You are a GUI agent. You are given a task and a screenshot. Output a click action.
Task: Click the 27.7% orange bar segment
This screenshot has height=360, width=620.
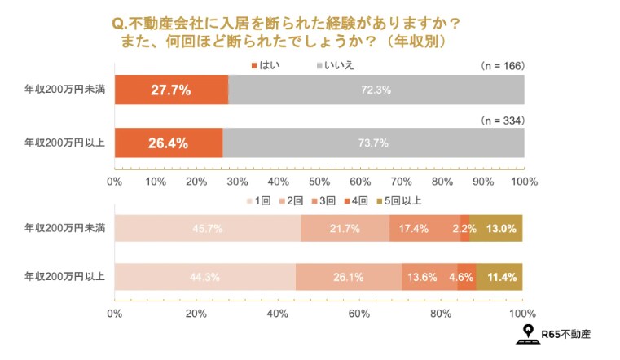click(x=171, y=90)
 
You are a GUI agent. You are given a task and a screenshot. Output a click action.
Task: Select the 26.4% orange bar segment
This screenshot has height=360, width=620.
click(x=168, y=143)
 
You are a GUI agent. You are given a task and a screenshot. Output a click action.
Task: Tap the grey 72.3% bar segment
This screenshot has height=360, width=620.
click(x=376, y=90)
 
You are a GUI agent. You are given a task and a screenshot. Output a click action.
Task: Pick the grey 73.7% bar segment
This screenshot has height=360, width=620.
click(x=373, y=143)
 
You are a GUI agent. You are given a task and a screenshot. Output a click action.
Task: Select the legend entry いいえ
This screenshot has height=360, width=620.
click(x=333, y=64)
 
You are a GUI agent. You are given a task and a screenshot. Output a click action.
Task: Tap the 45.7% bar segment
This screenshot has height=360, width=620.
click(x=207, y=228)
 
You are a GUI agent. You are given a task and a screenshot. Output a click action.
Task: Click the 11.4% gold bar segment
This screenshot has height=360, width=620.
click(x=499, y=277)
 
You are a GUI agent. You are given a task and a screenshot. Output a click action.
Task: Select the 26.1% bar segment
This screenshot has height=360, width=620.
click(x=349, y=277)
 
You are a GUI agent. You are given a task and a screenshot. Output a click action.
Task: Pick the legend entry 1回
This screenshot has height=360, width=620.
click(x=258, y=200)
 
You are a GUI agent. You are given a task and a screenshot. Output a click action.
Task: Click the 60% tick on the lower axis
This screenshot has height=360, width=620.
click(x=359, y=313)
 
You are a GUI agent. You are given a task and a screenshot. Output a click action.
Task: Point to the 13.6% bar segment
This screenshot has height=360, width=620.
click(x=429, y=277)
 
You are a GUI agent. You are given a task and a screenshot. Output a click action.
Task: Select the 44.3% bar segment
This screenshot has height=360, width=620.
click(x=204, y=277)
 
